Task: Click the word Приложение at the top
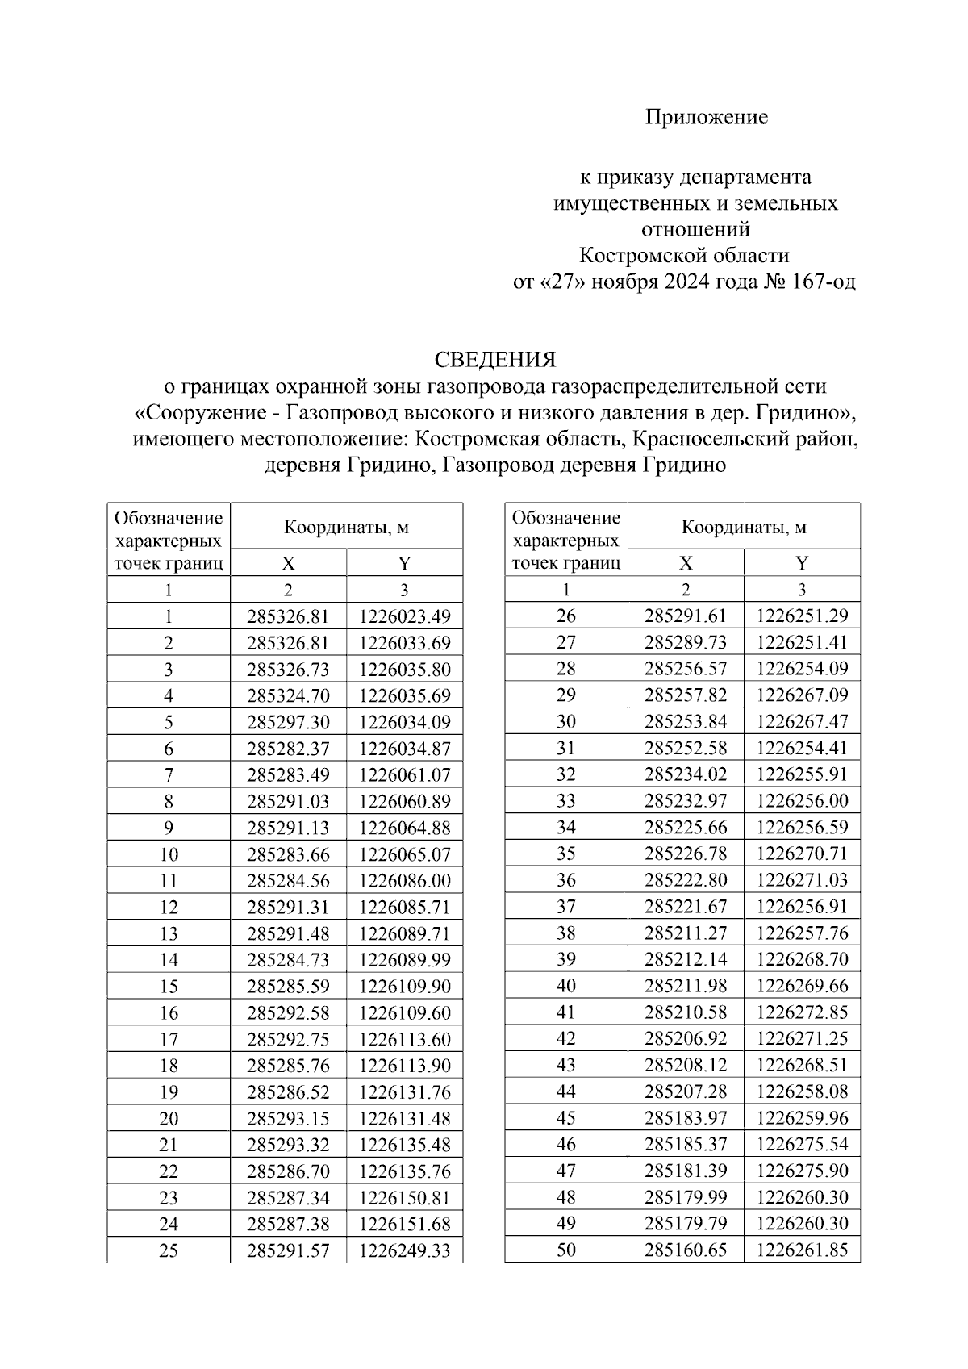click(x=706, y=118)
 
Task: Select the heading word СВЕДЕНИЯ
click(x=495, y=359)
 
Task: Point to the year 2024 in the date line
click(x=687, y=282)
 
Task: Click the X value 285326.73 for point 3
click(x=288, y=670)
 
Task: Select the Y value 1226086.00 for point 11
click(x=405, y=881)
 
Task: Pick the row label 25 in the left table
click(x=169, y=1251)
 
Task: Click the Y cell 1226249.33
click(x=405, y=1251)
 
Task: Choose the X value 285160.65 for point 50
click(x=686, y=1250)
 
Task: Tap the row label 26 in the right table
click(x=566, y=616)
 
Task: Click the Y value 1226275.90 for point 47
click(x=802, y=1171)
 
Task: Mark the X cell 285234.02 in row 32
click(x=686, y=774)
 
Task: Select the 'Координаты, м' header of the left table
click(x=346, y=528)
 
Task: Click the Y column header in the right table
click(x=802, y=563)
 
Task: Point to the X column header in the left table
click(x=288, y=564)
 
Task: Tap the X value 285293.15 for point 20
click(x=288, y=1119)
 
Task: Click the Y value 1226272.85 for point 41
click(x=802, y=1012)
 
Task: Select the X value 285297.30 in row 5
click(x=288, y=722)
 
